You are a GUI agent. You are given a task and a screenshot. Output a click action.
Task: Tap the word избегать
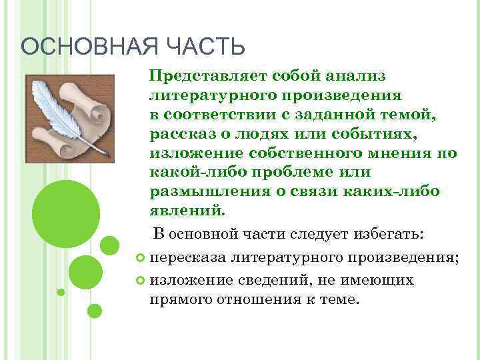[391, 235]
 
